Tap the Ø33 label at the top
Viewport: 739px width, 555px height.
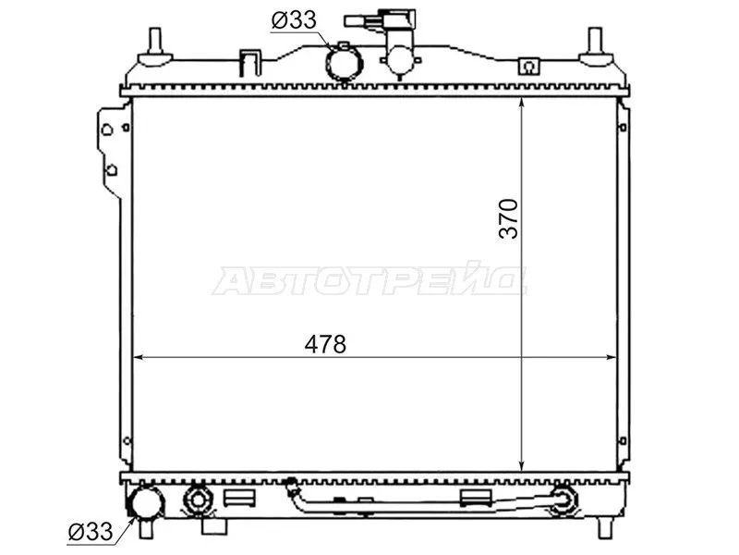[294, 19]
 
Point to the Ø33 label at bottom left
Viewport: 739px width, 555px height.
[91, 531]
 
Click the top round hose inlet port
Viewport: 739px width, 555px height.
[342, 62]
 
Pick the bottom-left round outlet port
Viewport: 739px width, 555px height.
[148, 504]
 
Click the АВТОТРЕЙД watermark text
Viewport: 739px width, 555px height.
[369, 280]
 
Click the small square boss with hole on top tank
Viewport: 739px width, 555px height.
[528, 67]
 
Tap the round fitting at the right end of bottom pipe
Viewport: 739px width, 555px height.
[563, 502]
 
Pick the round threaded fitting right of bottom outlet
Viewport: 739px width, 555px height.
[198, 501]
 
